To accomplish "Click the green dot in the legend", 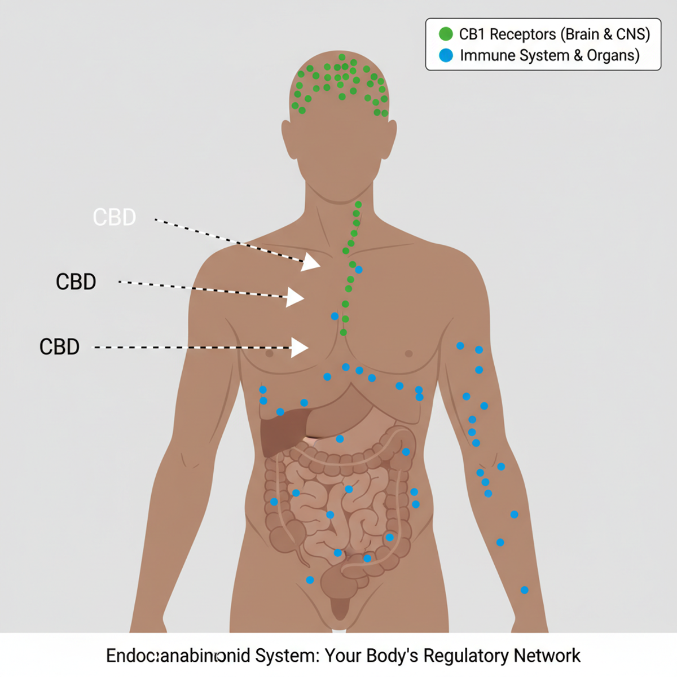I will coord(446,34).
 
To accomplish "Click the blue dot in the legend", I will coord(446,55).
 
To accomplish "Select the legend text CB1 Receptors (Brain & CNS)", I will coord(554,34).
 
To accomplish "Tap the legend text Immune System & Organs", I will coord(549,55).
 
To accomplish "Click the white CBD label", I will coord(115,217).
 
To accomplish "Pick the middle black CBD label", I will coord(76,282).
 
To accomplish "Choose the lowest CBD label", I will coord(59,346).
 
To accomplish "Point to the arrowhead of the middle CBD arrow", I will coord(295,297).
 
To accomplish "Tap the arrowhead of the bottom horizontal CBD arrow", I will coord(300,348).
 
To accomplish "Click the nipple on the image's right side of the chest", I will coord(408,354).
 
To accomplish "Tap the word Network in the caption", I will coord(547,656).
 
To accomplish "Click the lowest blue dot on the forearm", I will coord(525,590).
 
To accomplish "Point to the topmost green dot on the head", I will coord(342,57).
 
